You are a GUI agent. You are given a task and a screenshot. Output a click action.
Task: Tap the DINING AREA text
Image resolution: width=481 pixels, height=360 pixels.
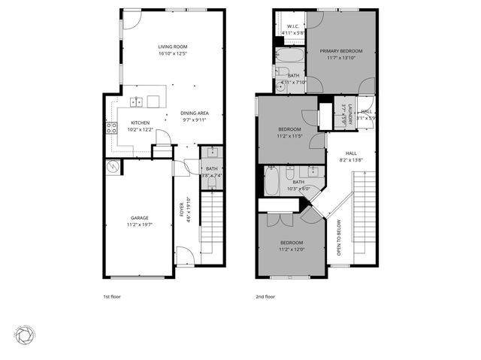click(194, 113)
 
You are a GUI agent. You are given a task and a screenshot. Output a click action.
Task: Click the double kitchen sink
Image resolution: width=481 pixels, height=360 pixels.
click(138, 101)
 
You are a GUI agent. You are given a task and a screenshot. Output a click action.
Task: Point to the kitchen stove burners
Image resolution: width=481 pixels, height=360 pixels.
click(111, 128)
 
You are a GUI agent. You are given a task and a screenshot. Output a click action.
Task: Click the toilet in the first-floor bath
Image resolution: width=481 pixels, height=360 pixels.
click(212, 181)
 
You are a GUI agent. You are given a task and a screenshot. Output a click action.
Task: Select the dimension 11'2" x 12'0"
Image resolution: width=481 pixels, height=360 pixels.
click(292, 250)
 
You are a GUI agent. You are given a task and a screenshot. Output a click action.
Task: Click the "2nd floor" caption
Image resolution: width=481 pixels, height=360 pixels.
click(265, 296)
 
